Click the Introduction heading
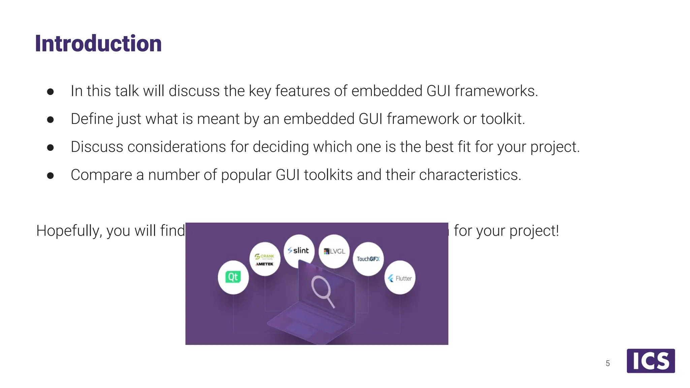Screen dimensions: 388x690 [98, 43]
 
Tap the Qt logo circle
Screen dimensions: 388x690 [233, 277]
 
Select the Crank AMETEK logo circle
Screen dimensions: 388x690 [265, 259]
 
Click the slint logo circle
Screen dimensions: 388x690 [299, 251]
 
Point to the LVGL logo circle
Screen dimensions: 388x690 [334, 251]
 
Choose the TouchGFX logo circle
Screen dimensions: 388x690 [368, 259]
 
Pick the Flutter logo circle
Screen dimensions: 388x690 [400, 278]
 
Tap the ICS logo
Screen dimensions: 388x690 [651, 361]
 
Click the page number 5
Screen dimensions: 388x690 [608, 363]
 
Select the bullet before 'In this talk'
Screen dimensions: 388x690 [51, 92]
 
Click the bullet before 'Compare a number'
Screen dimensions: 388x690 [51, 175]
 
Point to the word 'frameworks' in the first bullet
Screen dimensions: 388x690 [496, 91]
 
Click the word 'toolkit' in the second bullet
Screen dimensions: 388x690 [502, 119]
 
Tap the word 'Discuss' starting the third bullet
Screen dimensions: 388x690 [97, 147]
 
